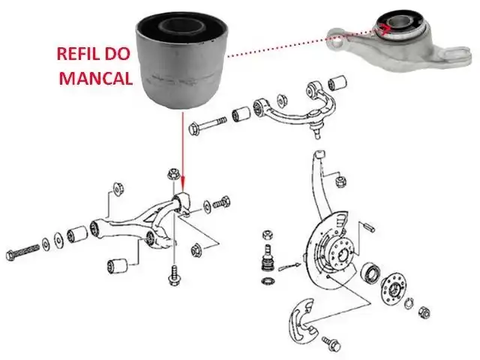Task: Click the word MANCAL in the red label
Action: pyautogui.click(x=96, y=78)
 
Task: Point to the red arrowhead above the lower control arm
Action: pyautogui.click(x=183, y=185)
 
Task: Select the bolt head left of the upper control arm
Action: pyautogui.click(x=194, y=128)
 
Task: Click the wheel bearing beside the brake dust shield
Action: pyautogui.click(x=370, y=272)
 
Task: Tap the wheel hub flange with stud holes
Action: pyautogui.click(x=394, y=289)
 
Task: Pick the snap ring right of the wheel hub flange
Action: pyautogui.click(x=409, y=304)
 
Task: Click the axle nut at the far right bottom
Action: pyautogui.click(x=424, y=312)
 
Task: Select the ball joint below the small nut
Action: pyautogui.click(x=267, y=257)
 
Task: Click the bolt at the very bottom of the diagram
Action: pyautogui.click(x=331, y=343)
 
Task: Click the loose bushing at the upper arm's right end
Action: pyautogui.click(x=337, y=82)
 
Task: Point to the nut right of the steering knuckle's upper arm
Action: pyautogui.click(x=340, y=181)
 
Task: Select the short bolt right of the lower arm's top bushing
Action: pyautogui.click(x=221, y=202)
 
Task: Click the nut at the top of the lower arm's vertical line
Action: pyautogui.click(x=173, y=175)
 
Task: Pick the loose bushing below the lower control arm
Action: pyautogui.click(x=118, y=265)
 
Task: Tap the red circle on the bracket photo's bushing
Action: pyautogui.click(x=384, y=30)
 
